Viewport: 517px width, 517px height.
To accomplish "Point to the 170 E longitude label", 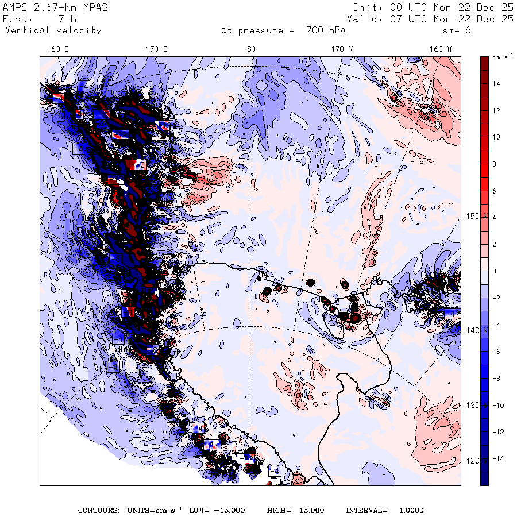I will click(156, 49).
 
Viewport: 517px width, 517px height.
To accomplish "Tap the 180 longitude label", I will click(249, 49).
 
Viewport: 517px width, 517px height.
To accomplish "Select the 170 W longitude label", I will click(342, 49).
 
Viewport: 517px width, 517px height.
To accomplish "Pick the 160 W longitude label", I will click(441, 49).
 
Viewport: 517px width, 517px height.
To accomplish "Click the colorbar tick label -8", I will click(496, 379).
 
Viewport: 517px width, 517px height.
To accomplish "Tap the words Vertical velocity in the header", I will click(53, 30).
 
